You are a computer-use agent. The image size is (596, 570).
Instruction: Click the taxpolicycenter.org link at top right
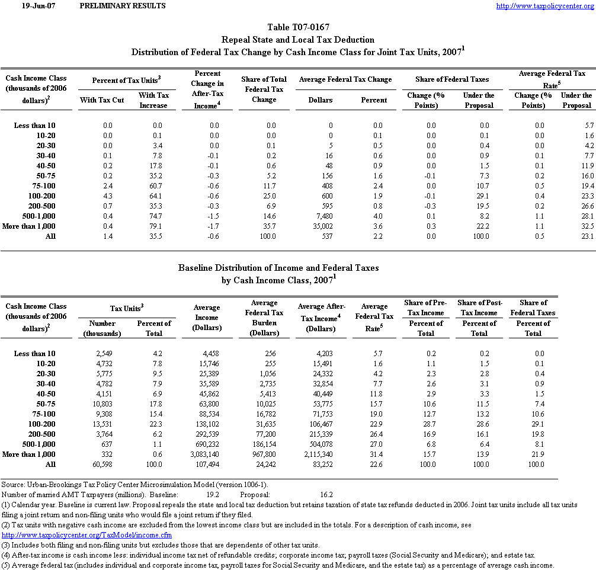point(544,6)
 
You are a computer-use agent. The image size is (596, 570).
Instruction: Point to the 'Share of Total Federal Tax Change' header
point(264,89)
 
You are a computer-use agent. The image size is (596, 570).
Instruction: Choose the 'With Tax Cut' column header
point(102,100)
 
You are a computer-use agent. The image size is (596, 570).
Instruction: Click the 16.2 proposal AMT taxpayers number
point(326,494)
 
